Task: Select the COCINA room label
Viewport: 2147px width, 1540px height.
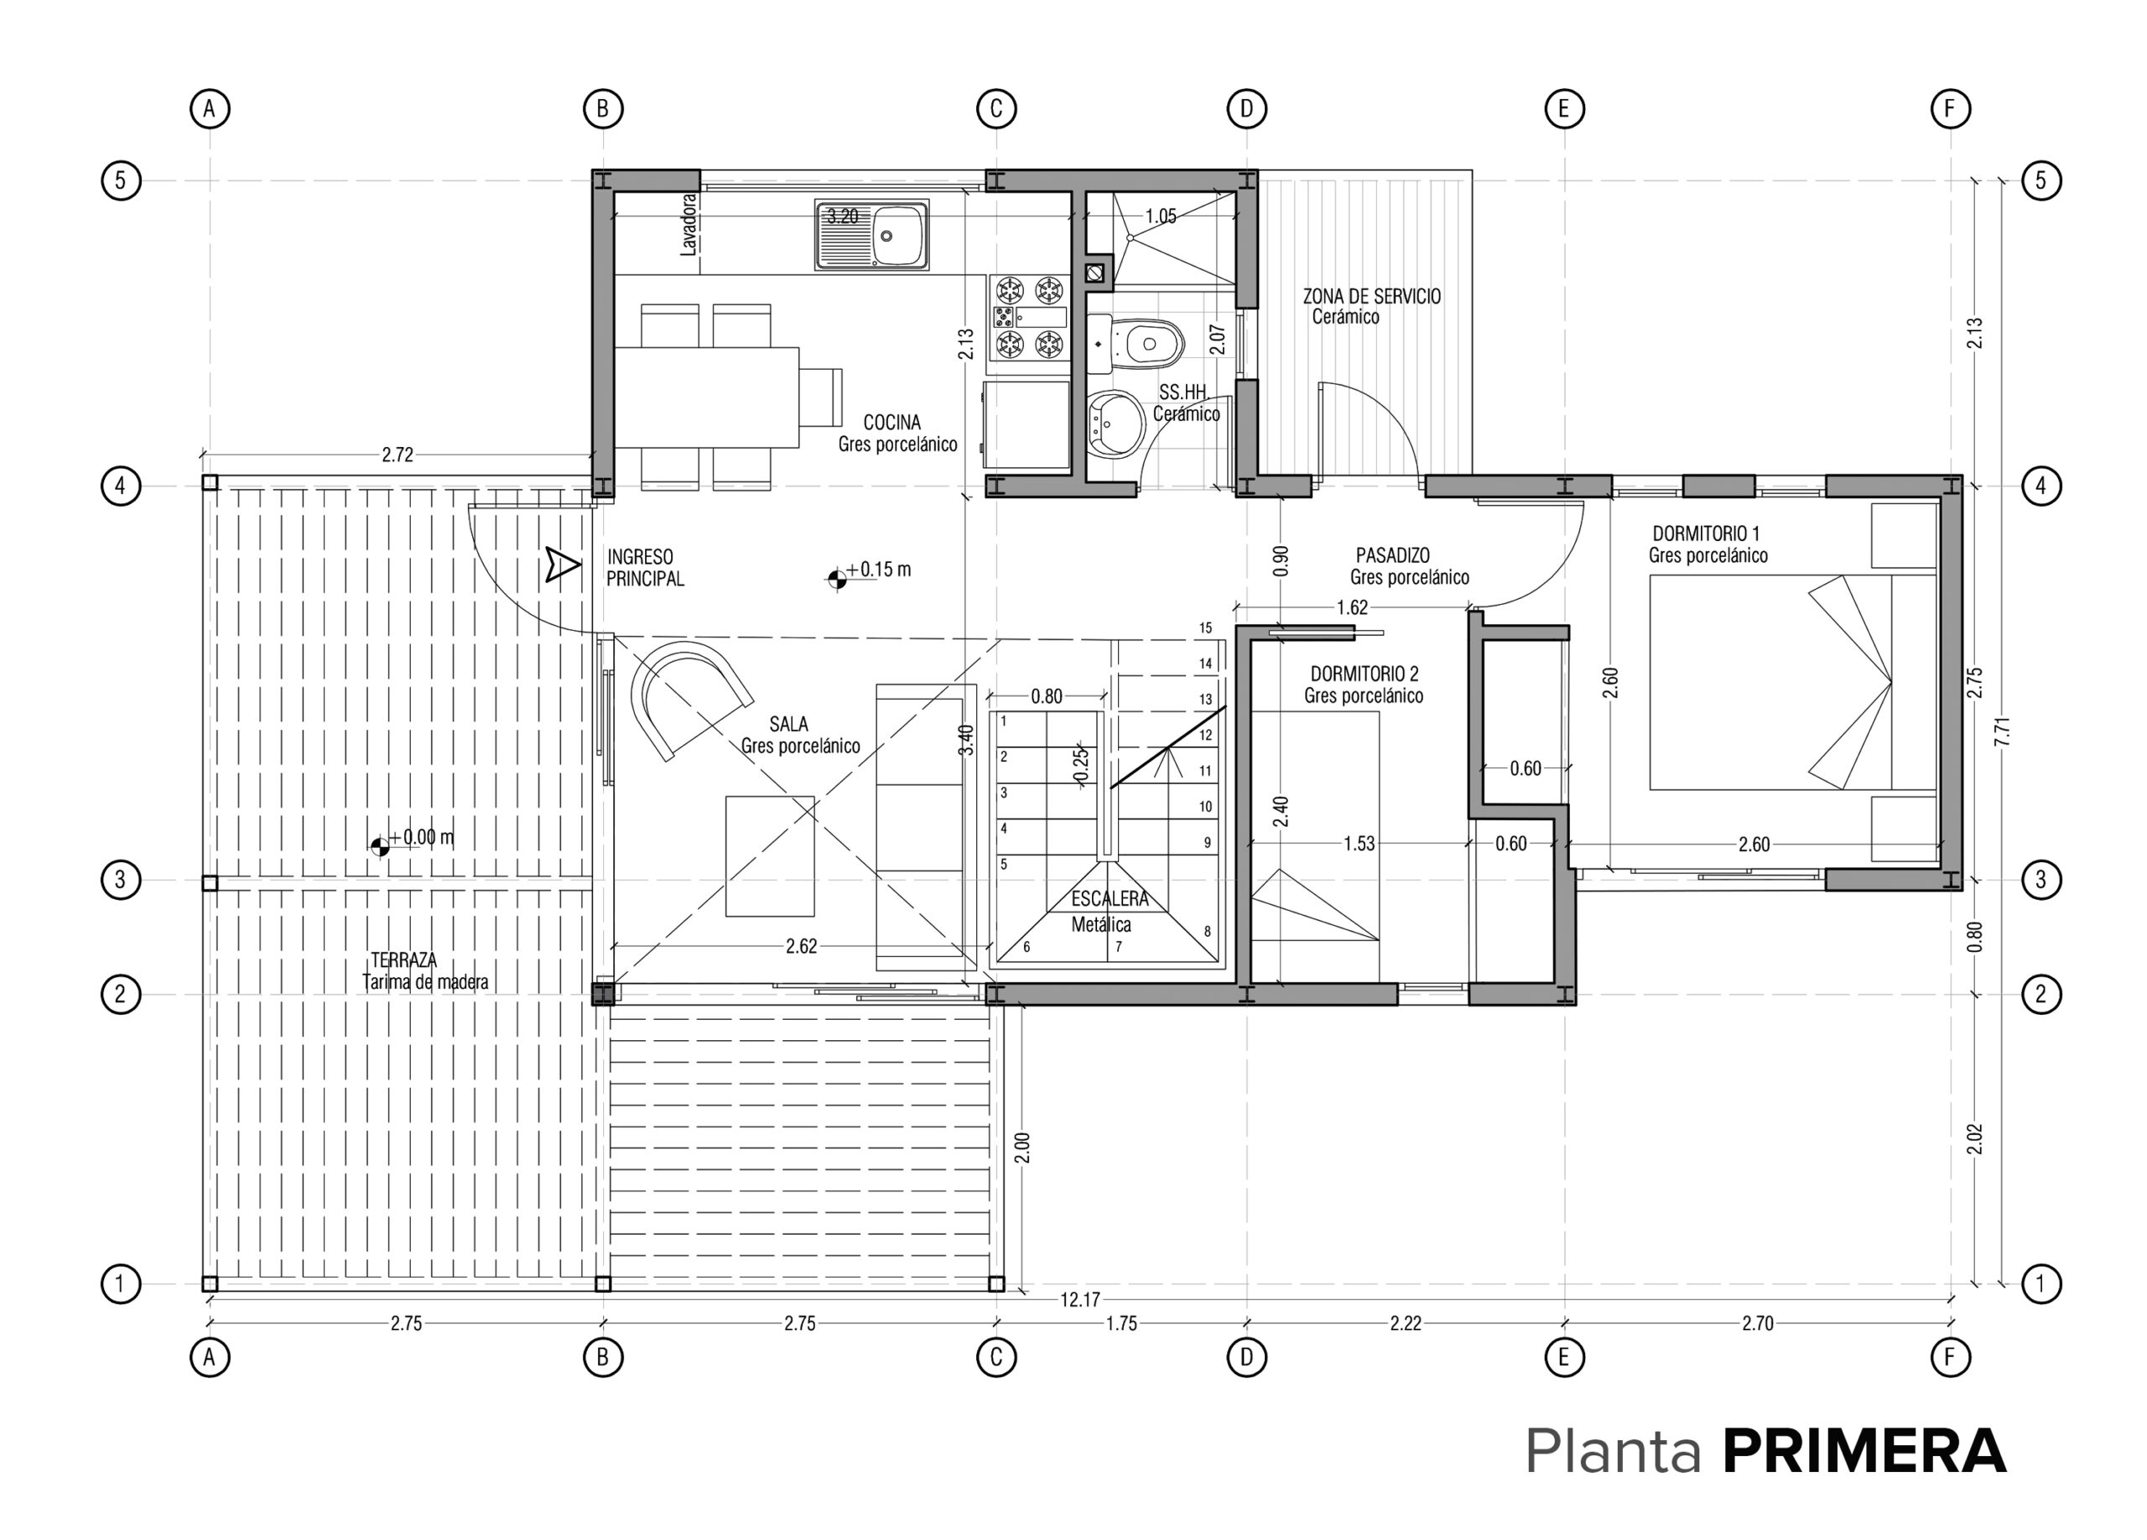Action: point(892,423)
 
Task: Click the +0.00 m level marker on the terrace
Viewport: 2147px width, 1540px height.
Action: point(413,840)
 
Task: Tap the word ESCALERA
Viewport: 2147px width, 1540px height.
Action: point(1110,899)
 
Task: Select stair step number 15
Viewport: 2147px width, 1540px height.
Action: point(1205,627)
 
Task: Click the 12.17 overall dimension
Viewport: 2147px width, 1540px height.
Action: point(1079,1299)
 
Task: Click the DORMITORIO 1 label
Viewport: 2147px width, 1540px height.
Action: point(1706,533)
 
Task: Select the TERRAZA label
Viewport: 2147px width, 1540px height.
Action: point(403,960)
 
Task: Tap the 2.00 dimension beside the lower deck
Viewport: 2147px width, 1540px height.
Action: point(1022,1147)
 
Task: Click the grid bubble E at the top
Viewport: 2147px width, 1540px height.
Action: point(1564,109)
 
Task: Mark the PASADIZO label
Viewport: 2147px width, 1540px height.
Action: point(1392,555)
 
